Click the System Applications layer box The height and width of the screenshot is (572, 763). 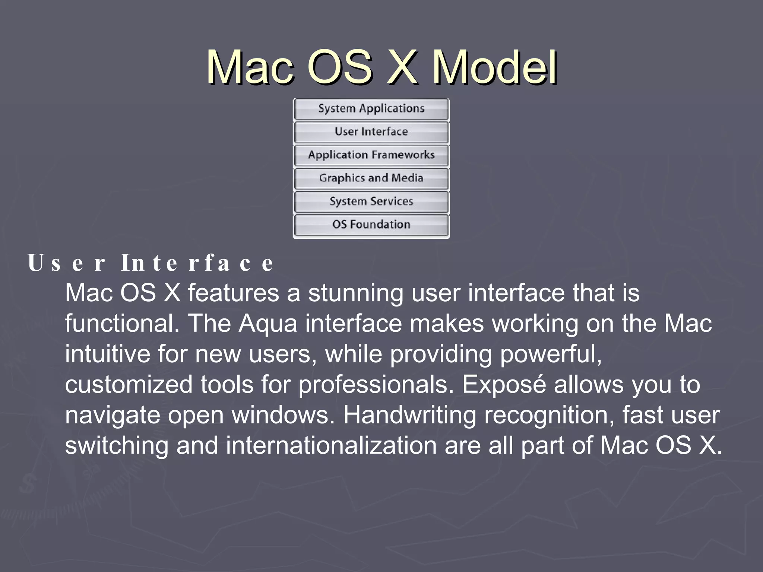371,109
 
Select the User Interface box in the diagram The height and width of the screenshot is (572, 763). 371,132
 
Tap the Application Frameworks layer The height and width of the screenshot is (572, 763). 371,155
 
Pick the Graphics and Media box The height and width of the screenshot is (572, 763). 371,178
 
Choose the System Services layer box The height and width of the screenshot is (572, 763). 371,201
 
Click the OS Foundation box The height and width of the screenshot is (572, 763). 371,225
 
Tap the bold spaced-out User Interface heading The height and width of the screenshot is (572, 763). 151,263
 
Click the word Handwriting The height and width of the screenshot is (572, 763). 409,415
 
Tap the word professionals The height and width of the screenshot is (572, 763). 376,385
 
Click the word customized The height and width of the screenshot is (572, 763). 129,385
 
